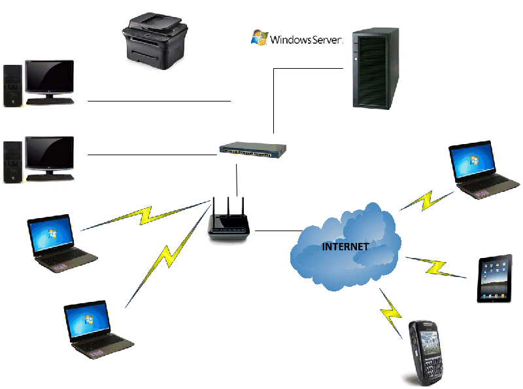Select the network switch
click(253, 150)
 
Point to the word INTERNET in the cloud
click(345, 247)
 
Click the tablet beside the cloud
click(494, 278)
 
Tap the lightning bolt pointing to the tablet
click(434, 266)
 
